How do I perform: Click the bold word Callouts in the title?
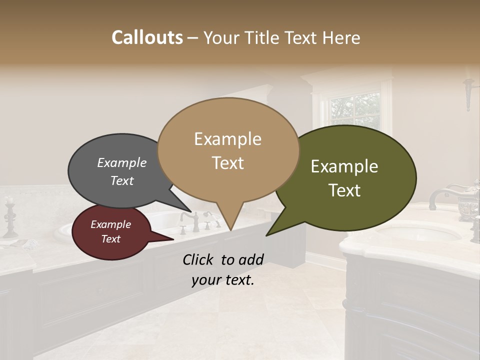tap(147, 37)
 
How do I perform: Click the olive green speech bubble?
tap(350, 180)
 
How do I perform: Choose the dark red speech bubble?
tap(111, 232)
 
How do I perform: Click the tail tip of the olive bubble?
tap(266, 235)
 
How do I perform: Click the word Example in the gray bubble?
tap(121, 162)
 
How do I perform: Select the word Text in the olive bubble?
tap(345, 190)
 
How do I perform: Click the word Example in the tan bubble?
tap(228, 139)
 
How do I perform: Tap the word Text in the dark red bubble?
tap(111, 239)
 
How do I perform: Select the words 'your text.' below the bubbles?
tap(222, 280)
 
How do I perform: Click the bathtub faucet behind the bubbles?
tap(189, 220)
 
